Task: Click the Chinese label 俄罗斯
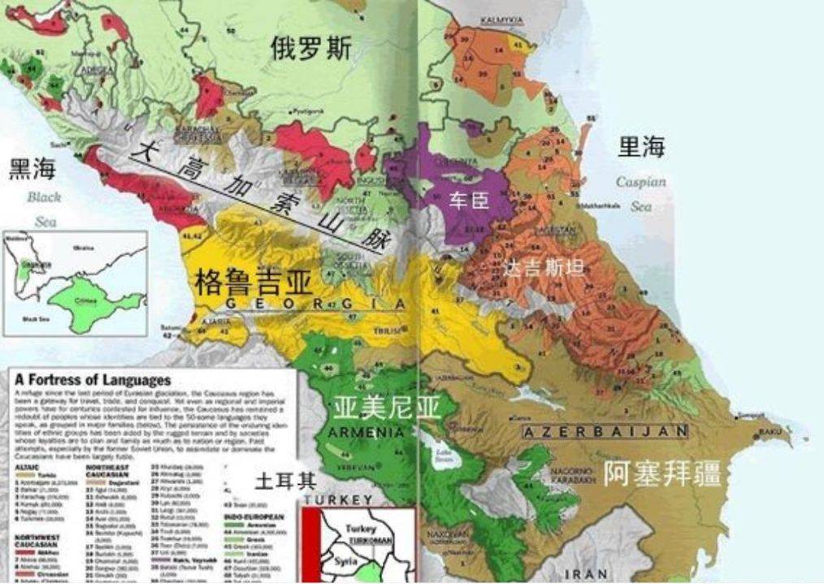[311, 49]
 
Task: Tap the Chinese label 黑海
[33, 169]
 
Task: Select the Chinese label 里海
[641, 146]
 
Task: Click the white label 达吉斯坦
[544, 267]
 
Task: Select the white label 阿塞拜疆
[662, 473]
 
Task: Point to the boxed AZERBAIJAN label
[605, 431]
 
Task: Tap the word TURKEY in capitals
[340, 499]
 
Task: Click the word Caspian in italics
[640, 182]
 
